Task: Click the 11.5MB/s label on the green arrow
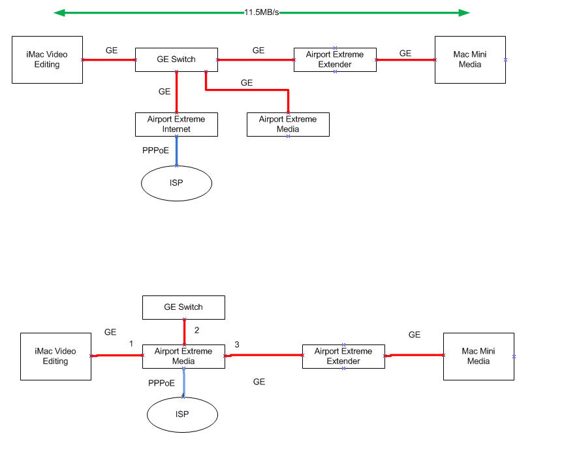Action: (x=262, y=12)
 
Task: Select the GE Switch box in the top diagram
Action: (x=176, y=59)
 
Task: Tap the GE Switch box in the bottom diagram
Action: (x=183, y=307)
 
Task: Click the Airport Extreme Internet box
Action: (x=176, y=124)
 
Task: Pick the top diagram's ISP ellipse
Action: (x=176, y=183)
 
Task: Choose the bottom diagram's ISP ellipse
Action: (x=182, y=415)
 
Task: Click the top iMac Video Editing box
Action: (x=47, y=59)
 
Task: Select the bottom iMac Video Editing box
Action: (x=55, y=356)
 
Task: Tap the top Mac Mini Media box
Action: (x=470, y=59)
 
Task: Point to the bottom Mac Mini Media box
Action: (x=478, y=356)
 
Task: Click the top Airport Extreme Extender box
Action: (x=335, y=59)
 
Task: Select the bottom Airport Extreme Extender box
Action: (x=343, y=356)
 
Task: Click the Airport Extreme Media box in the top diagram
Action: (x=288, y=124)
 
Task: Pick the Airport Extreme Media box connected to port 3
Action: (x=183, y=356)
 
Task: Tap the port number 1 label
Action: (x=131, y=344)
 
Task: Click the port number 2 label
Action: (x=196, y=330)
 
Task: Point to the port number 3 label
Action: (x=237, y=344)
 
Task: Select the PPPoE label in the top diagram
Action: (x=155, y=150)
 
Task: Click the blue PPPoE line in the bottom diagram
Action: (x=184, y=382)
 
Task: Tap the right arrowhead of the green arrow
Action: (x=464, y=12)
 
